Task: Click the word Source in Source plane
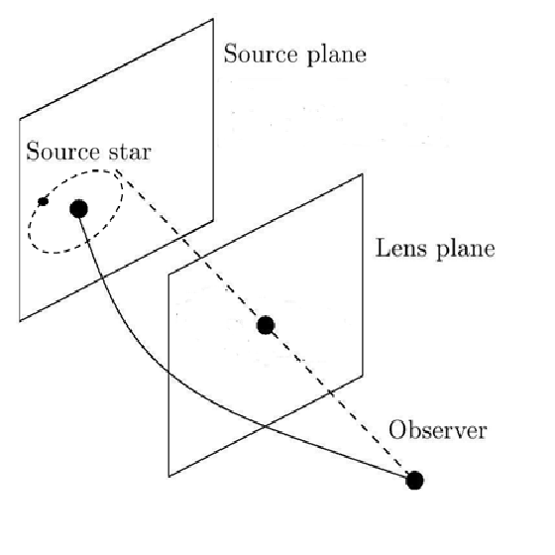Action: pyautogui.click(x=254, y=54)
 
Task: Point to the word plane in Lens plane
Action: pyautogui.click(x=464, y=249)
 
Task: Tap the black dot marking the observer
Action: pyautogui.click(x=414, y=481)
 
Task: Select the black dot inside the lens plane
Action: pyautogui.click(x=266, y=325)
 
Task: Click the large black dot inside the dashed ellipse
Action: pyautogui.click(x=79, y=208)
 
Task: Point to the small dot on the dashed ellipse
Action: pyautogui.click(x=43, y=202)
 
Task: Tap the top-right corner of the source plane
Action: pyautogui.click(x=213, y=18)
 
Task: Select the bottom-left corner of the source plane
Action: pyautogui.click(x=20, y=322)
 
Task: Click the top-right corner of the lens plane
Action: pyautogui.click(x=363, y=174)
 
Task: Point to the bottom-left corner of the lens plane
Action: pyautogui.click(x=170, y=473)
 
